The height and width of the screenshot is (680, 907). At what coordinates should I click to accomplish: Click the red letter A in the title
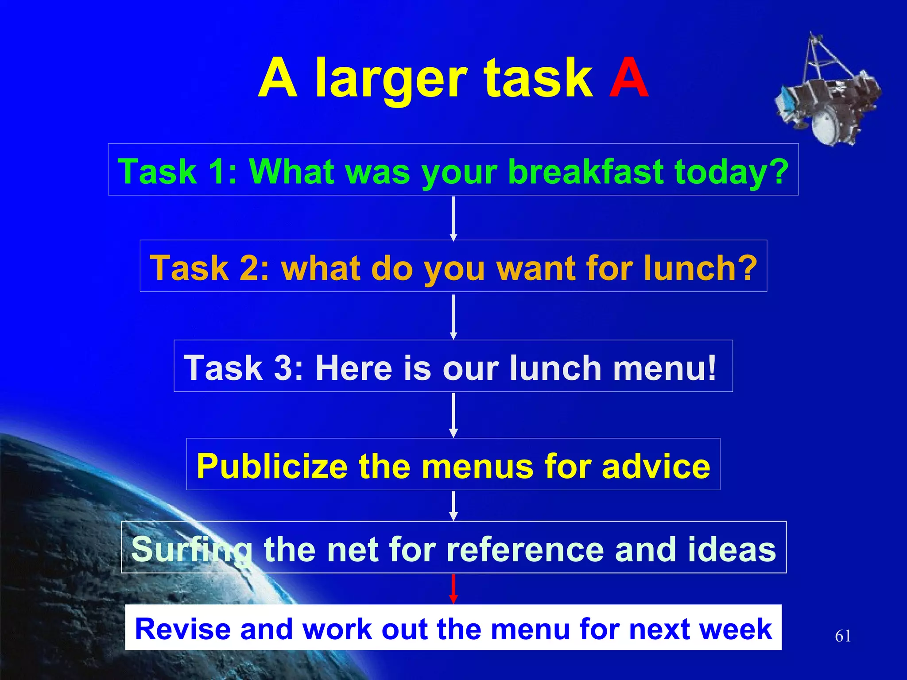[x=628, y=79]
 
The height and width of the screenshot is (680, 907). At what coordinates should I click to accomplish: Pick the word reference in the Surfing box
[x=525, y=549]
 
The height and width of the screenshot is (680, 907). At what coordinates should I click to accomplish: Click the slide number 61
[x=842, y=636]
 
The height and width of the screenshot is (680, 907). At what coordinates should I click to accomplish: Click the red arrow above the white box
[x=453, y=589]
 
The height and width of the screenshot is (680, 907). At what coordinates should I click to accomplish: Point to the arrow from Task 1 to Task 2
[x=453, y=218]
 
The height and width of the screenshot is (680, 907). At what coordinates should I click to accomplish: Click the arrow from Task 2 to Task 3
[x=453, y=317]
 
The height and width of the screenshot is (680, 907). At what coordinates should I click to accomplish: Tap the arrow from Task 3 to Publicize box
[x=453, y=415]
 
